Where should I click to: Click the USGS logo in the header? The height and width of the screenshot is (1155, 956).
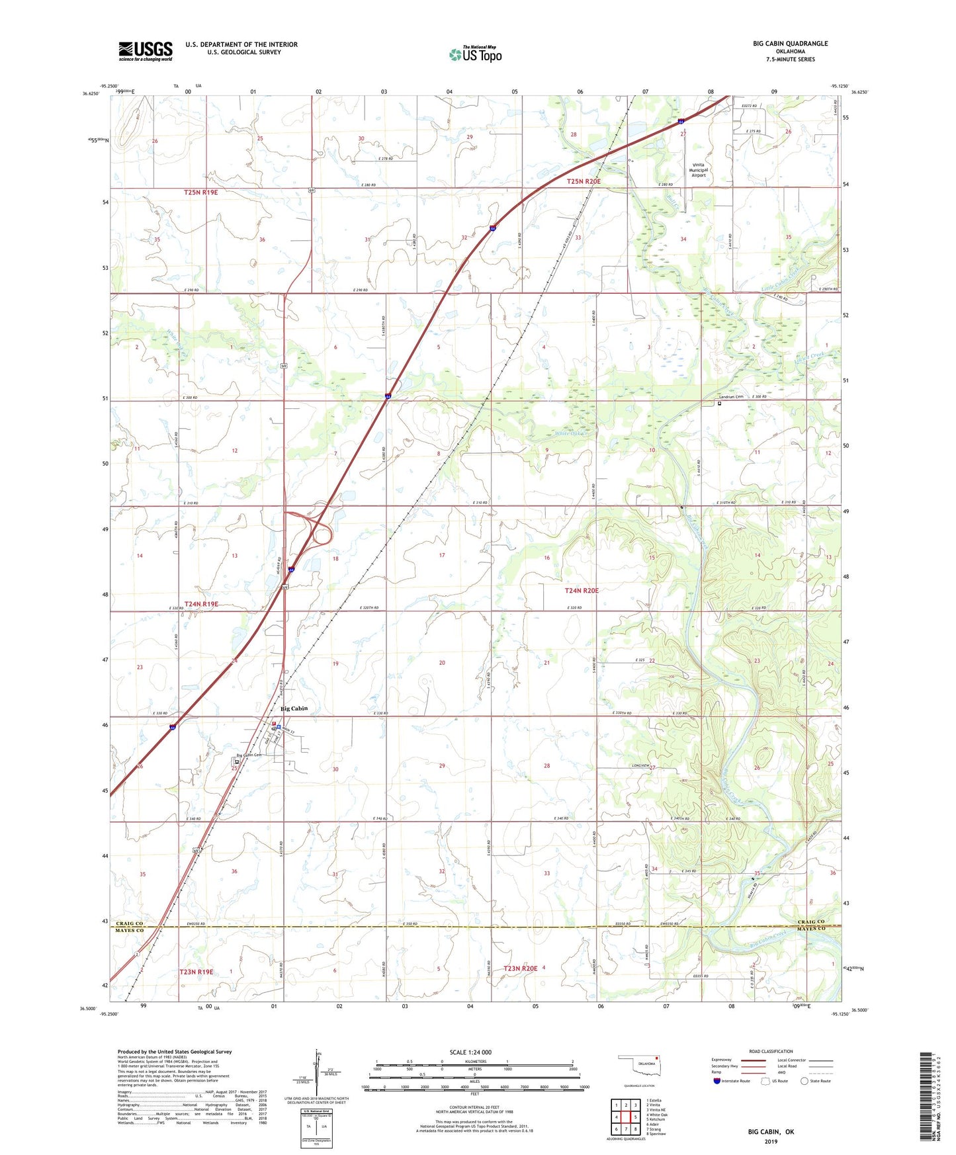tap(145, 51)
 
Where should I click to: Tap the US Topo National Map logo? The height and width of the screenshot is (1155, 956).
tap(475, 54)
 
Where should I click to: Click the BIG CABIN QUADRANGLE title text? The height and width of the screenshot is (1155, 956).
tap(790, 44)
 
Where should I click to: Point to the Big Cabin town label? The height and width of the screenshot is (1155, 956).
tap(294, 708)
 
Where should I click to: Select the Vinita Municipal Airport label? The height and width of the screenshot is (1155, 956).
tap(698, 170)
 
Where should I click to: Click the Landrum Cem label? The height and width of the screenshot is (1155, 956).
tap(731, 397)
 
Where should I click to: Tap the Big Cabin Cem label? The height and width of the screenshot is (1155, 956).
tap(249, 755)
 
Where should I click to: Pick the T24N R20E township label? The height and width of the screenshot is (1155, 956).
tap(582, 591)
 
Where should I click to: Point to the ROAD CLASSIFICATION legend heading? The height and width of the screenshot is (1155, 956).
tap(771, 1051)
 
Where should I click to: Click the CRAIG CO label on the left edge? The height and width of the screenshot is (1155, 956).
tap(129, 923)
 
